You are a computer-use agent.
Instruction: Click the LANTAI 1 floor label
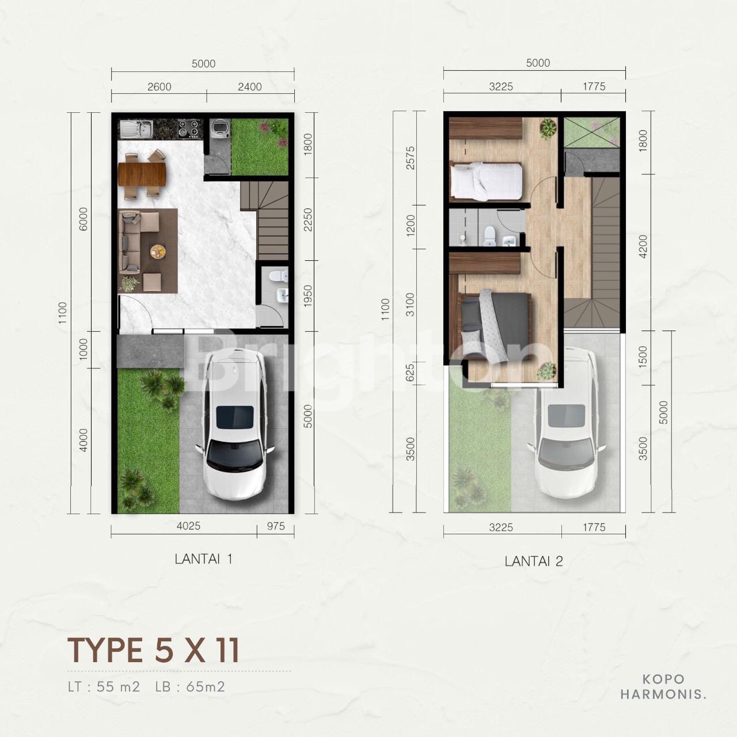(203, 559)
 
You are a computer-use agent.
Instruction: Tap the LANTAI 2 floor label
(534, 561)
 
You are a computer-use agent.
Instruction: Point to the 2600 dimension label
(159, 87)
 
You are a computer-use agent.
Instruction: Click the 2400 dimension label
(250, 87)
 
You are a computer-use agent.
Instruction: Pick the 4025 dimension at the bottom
(188, 526)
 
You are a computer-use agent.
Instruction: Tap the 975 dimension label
(276, 526)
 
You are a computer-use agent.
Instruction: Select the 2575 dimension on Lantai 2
(411, 158)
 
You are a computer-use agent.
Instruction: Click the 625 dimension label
(410, 373)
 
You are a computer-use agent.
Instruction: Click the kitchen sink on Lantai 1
(136, 129)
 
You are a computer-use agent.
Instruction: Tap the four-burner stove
(188, 128)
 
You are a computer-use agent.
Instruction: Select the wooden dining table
(142, 174)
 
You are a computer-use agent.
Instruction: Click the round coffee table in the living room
(158, 252)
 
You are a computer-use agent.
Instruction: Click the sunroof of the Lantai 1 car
(235, 417)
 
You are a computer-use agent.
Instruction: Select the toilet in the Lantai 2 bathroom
(489, 237)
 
